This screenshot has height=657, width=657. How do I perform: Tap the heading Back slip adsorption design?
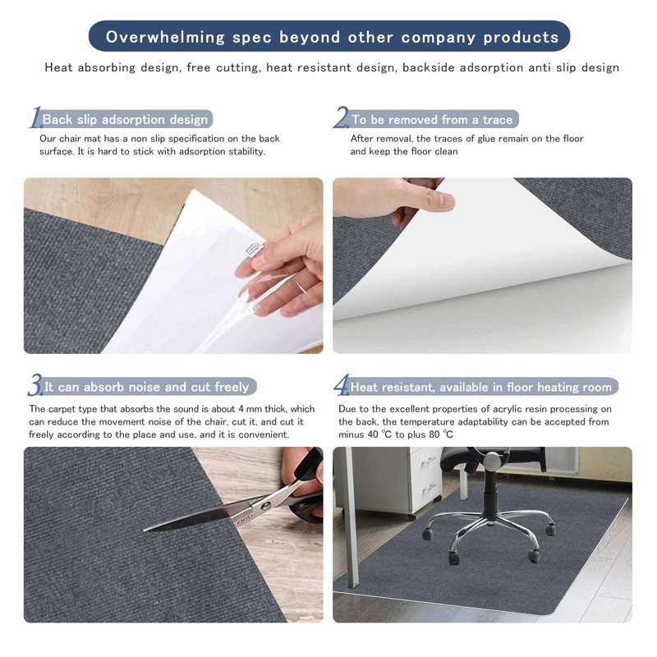[125, 120]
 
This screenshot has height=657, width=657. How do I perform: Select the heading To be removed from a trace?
[432, 120]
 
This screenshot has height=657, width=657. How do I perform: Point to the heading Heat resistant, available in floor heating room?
[481, 387]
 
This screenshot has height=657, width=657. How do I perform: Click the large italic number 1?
[34, 118]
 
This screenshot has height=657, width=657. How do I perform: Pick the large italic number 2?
[341, 118]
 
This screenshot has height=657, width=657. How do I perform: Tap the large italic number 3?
[35, 385]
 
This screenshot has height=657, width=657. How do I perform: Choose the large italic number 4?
[341, 385]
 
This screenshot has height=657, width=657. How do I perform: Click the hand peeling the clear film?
[283, 263]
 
